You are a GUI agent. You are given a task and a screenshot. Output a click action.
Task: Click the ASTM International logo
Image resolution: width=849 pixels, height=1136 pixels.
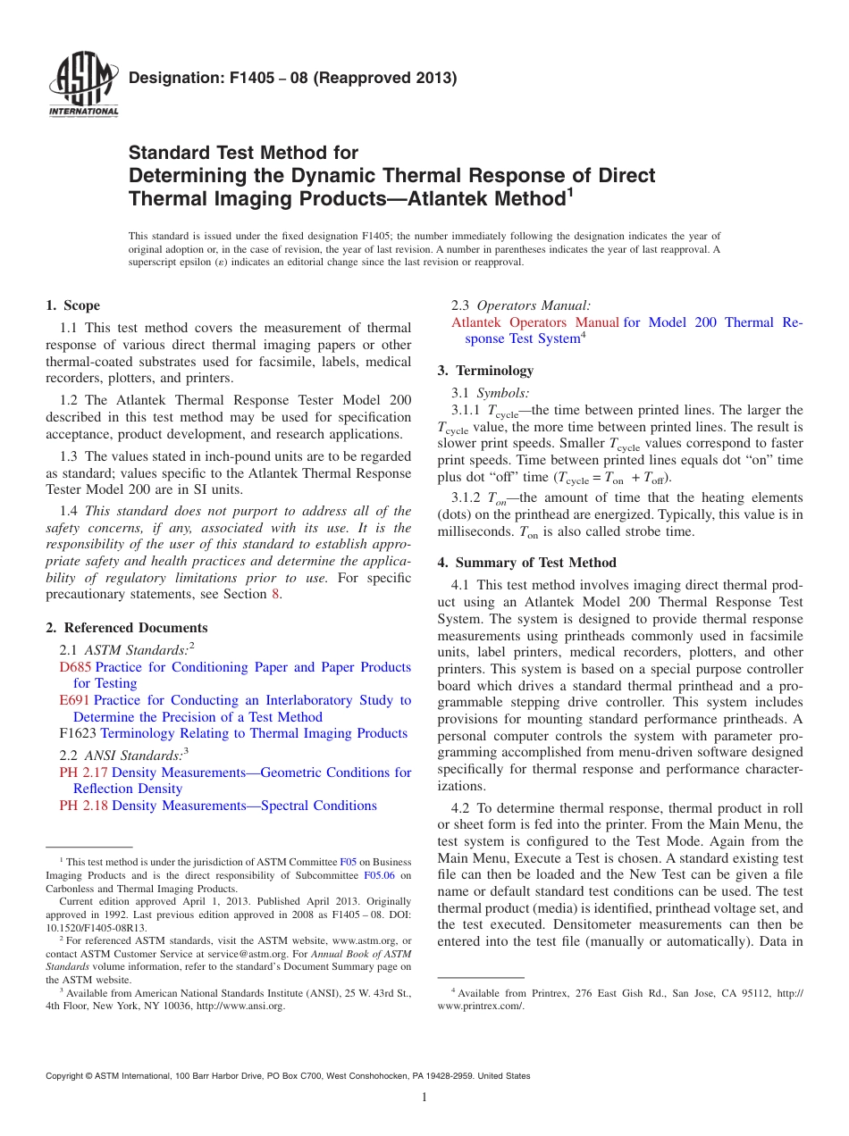pyautogui.click(x=83, y=86)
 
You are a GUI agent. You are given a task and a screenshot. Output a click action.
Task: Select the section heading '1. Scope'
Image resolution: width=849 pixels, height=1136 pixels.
pyautogui.click(x=73, y=305)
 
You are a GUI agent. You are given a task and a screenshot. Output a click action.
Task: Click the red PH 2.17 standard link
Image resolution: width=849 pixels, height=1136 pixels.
pyautogui.click(x=83, y=773)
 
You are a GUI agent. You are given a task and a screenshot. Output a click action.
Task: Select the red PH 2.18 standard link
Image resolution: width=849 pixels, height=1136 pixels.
pyautogui.click(x=83, y=806)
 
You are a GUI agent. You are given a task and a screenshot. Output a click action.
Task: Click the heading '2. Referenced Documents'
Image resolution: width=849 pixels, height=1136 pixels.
pyautogui.click(x=127, y=628)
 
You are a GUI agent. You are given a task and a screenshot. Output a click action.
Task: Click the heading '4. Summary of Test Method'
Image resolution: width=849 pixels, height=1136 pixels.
pyautogui.click(x=525, y=563)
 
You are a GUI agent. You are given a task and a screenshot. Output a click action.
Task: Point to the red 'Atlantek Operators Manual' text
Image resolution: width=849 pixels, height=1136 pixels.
pyautogui.click(x=535, y=322)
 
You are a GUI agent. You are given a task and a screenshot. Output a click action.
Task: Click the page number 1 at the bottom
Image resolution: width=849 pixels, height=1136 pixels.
pyautogui.click(x=424, y=1098)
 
